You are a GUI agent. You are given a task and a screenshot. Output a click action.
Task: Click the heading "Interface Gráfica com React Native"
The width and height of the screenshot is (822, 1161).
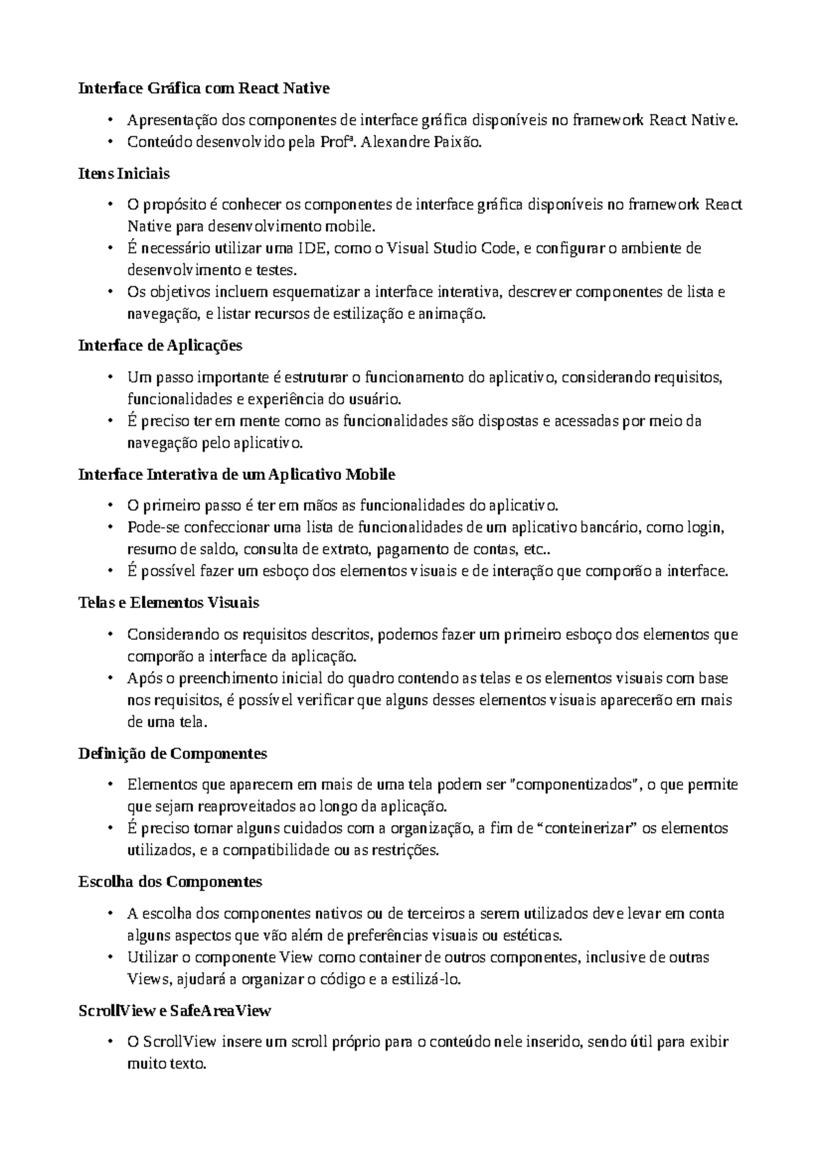204,88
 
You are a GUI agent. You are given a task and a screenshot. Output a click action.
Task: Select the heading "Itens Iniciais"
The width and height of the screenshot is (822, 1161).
124,173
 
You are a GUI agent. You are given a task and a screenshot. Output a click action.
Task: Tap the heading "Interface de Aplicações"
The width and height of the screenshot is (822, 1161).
161,346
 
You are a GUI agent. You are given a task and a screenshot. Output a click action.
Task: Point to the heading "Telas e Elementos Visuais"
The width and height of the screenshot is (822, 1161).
169,603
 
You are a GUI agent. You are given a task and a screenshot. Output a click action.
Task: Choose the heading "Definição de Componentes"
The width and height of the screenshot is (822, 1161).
173,754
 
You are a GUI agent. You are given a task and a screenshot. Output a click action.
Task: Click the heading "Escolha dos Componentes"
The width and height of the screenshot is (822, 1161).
171,882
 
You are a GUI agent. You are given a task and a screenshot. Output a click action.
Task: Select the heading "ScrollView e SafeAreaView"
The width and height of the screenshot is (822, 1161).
175,1010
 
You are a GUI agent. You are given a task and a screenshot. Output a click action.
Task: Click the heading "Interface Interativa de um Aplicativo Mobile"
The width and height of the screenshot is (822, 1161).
237,474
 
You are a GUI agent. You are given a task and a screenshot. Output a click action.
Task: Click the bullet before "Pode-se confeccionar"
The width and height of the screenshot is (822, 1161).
110,528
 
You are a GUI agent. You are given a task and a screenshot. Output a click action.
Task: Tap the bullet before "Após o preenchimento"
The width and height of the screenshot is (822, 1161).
110,678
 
